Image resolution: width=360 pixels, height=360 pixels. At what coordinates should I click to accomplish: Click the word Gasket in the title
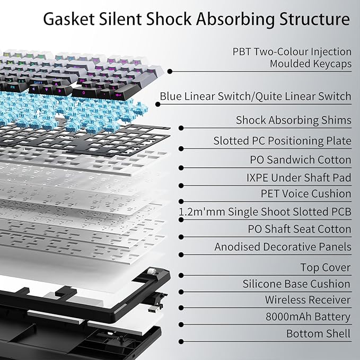(69, 19)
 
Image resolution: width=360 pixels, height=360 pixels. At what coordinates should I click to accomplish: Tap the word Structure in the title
(315, 19)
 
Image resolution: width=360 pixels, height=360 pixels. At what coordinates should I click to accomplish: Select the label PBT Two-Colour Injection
(292, 52)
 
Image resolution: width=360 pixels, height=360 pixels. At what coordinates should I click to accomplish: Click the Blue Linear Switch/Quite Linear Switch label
(256, 96)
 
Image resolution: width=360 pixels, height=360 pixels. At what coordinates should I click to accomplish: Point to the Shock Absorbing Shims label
(294, 120)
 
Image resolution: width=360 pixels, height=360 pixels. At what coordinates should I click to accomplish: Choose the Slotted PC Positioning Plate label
(283, 141)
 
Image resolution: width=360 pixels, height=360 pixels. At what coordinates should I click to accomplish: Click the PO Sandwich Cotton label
(301, 160)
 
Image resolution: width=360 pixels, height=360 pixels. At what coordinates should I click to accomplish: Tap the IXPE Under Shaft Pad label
(299, 178)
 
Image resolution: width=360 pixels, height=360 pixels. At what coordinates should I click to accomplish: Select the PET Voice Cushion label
(306, 194)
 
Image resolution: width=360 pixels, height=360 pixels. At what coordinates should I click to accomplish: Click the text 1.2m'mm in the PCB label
(202, 212)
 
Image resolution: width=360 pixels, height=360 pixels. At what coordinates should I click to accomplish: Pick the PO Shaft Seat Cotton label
(300, 229)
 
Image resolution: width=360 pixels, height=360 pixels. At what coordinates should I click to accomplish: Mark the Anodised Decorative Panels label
(283, 247)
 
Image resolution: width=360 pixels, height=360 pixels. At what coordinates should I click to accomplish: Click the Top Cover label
(326, 267)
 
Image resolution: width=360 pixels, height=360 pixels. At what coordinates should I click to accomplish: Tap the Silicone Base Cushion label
(296, 284)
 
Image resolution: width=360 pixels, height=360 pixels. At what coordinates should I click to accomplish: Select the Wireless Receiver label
(308, 300)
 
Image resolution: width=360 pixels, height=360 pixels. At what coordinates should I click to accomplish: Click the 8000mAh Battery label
(308, 317)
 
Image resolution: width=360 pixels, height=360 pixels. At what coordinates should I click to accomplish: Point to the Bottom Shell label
(319, 333)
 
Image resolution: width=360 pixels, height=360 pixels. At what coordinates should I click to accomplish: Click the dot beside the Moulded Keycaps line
(170, 72)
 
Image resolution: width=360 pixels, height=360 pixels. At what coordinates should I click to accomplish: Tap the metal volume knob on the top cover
(152, 271)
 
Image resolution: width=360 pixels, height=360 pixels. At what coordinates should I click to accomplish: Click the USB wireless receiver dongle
(154, 309)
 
